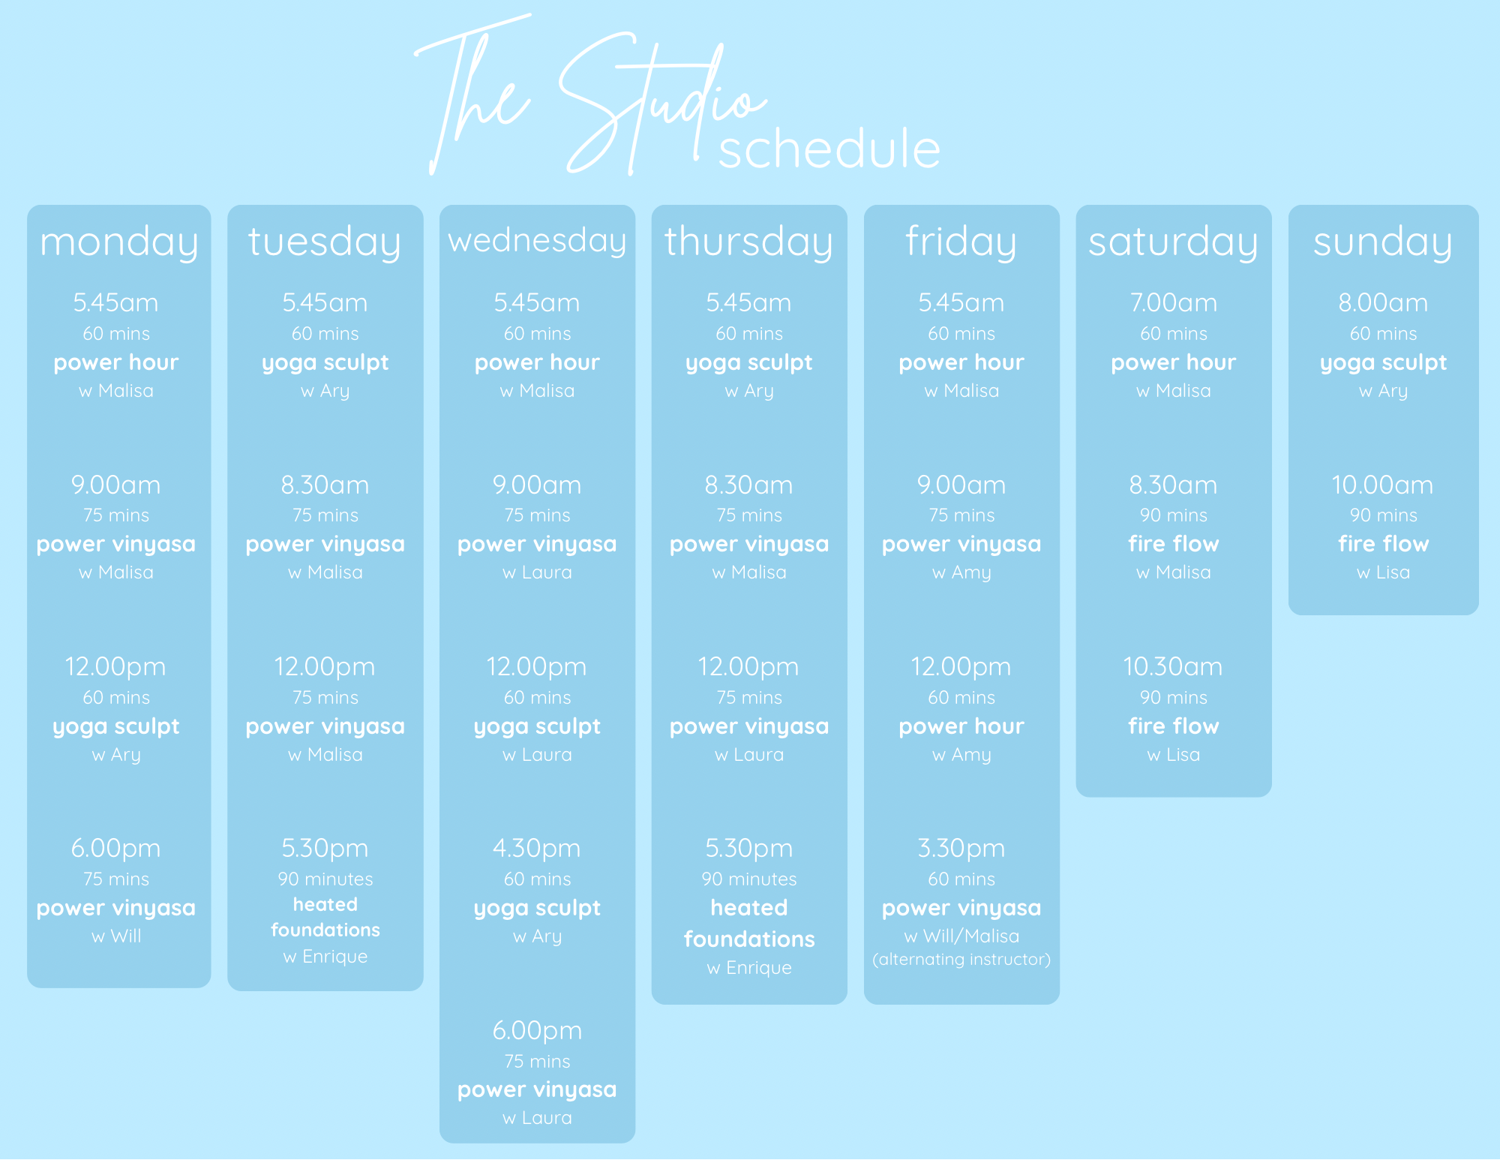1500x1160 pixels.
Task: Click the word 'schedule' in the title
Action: [x=829, y=149]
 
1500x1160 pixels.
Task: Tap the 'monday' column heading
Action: [x=118, y=242]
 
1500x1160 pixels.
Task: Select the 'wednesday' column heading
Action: [x=537, y=241]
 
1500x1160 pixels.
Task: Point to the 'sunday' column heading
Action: [x=1383, y=242]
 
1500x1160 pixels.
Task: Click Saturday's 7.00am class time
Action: [x=1173, y=302]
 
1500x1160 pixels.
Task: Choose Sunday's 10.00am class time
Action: [x=1382, y=485]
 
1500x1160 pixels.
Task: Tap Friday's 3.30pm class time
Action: [x=961, y=848]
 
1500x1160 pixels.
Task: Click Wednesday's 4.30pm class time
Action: [x=536, y=848]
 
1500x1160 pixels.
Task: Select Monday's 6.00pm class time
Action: [x=115, y=848]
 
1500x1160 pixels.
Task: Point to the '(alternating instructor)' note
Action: [x=961, y=959]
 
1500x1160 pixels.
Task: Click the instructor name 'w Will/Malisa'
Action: [x=961, y=936]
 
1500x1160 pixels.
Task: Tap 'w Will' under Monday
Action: [x=115, y=936]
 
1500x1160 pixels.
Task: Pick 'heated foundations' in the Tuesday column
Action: [x=325, y=917]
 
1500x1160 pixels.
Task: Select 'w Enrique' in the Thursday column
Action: [x=748, y=967]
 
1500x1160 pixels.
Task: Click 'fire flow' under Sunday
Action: [x=1383, y=543]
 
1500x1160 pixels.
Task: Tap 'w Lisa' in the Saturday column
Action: [x=1173, y=754]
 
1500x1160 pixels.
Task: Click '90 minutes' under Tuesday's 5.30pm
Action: [x=325, y=879]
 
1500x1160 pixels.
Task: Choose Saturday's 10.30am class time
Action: [x=1172, y=666]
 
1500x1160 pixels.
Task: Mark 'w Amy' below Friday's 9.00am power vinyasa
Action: [x=961, y=572]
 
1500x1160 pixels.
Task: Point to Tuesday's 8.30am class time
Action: [x=325, y=485]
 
